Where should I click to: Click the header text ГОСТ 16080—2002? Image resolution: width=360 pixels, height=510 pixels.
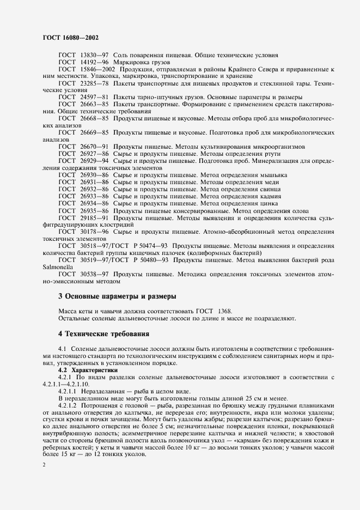click(67, 38)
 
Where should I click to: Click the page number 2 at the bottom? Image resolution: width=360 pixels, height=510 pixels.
click(44, 463)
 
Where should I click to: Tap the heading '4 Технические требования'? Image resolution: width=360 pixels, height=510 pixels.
click(103, 333)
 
